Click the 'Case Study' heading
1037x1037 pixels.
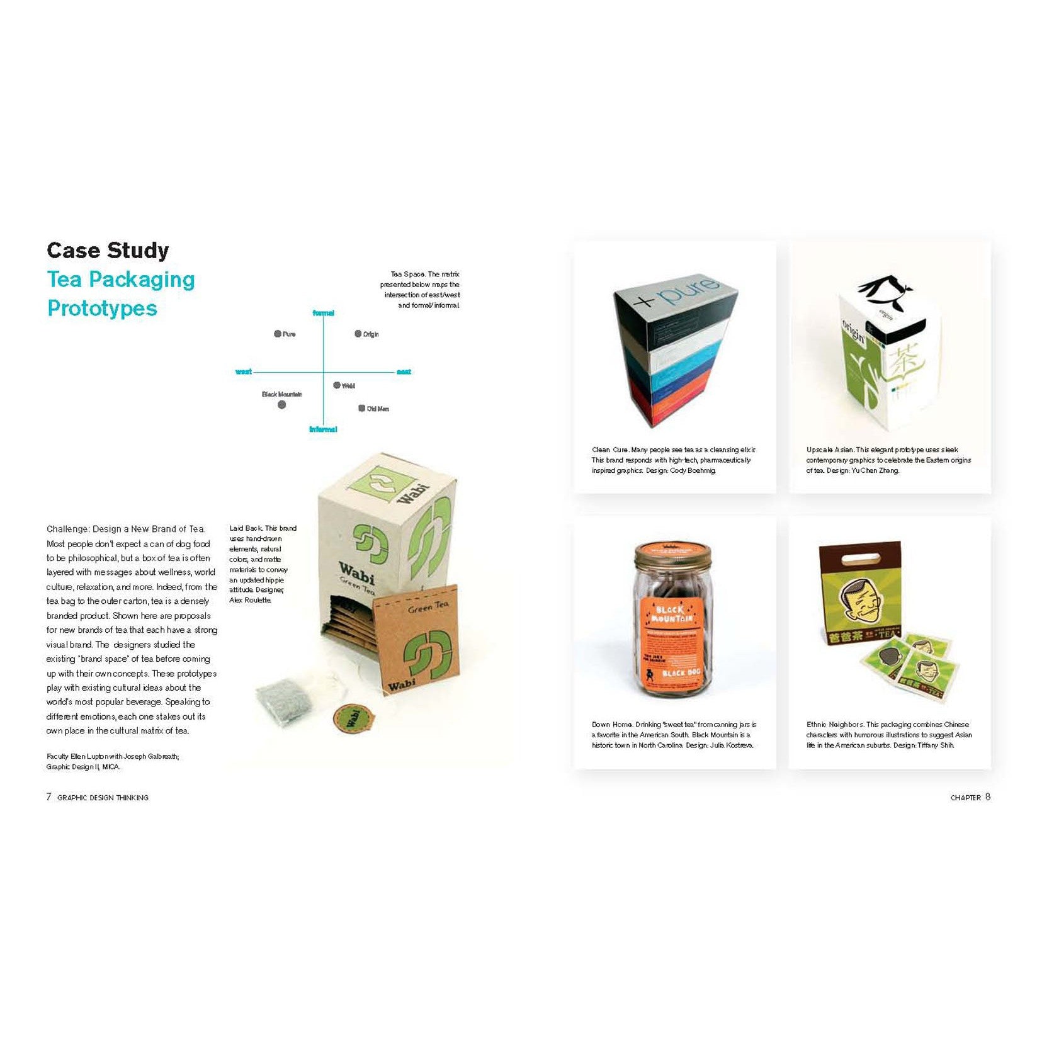coord(108,251)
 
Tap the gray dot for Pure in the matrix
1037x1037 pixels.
coord(277,334)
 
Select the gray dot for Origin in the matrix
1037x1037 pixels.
coord(358,334)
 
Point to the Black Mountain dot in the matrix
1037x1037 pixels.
coord(281,405)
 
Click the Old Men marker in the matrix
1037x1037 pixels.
coord(361,409)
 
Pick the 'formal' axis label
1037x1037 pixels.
coord(324,313)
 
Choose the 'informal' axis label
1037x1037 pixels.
coord(323,429)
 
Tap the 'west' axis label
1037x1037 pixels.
coord(244,372)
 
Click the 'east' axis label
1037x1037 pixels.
coord(404,372)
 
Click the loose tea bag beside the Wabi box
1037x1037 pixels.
coord(285,701)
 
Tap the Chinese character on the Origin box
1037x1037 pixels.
coord(904,364)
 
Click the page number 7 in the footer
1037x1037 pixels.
coord(49,796)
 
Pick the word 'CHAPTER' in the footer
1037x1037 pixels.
coord(965,798)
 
